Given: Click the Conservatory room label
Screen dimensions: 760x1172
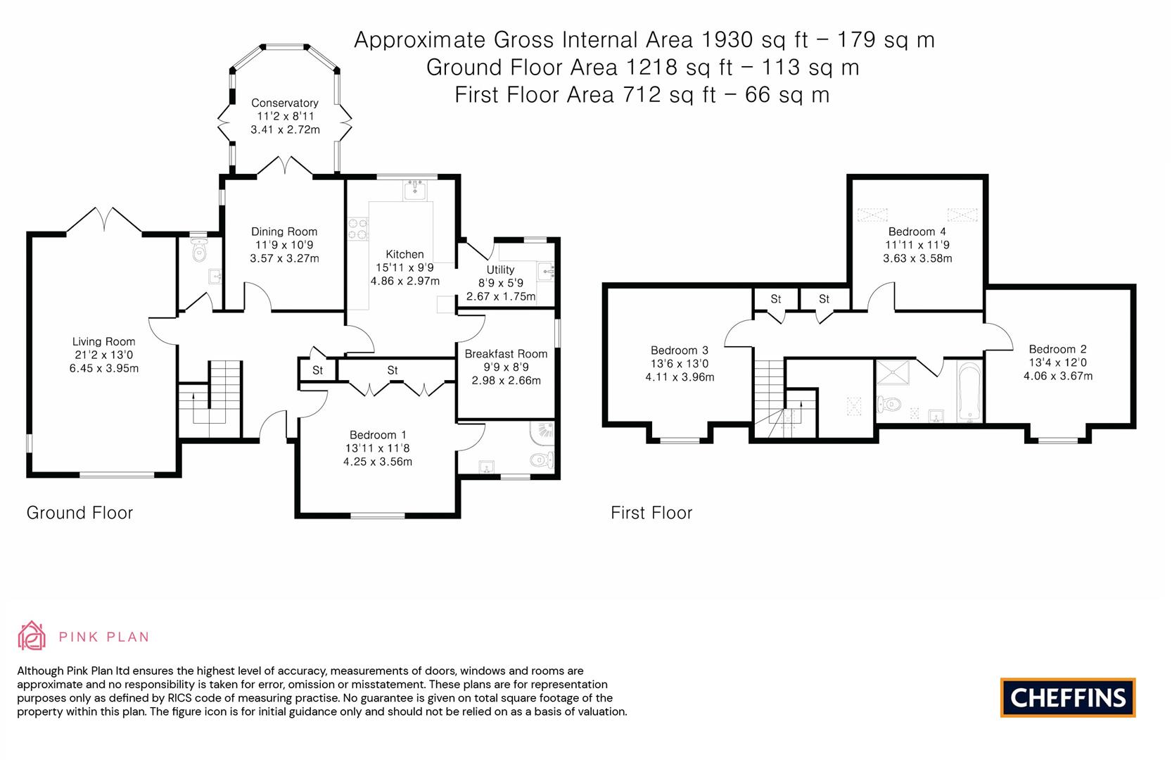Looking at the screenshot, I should [x=285, y=103].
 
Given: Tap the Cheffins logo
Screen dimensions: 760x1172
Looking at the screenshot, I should [x=1068, y=697].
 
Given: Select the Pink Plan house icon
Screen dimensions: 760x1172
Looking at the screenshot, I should [x=32, y=635].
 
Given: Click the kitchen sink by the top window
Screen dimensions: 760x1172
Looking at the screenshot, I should [x=418, y=189].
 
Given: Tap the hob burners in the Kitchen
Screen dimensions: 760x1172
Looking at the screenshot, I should [x=358, y=229].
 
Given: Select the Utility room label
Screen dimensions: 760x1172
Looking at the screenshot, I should [x=500, y=270].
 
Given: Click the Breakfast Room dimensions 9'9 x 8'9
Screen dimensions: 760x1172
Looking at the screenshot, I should [x=506, y=367].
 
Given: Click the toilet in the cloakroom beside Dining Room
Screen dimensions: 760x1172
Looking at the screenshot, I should [x=199, y=251].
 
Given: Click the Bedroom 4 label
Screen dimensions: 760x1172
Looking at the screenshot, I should [x=917, y=232].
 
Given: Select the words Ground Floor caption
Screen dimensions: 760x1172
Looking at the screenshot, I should [x=79, y=513].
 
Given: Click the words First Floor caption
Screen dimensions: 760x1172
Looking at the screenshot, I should [x=651, y=513].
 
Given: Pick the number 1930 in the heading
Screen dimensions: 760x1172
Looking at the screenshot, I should [x=726, y=39].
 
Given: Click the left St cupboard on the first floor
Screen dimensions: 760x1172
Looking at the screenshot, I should [x=776, y=299].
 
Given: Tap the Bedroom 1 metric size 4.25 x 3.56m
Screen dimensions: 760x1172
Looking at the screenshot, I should [x=377, y=462].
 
